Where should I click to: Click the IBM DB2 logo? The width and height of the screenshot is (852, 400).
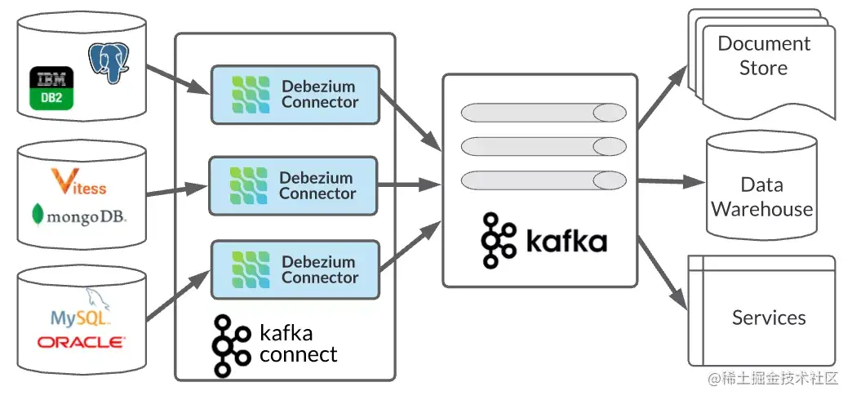(x=51, y=89)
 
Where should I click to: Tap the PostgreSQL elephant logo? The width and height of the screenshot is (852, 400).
(x=109, y=64)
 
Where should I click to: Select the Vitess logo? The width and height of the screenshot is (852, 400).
(x=79, y=182)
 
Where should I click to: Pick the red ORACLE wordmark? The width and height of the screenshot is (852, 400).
(x=82, y=342)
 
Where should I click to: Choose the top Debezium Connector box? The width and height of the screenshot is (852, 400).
(x=295, y=95)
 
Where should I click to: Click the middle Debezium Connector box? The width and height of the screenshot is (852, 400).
(x=293, y=185)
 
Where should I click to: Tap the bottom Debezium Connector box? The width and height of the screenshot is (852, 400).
(x=295, y=269)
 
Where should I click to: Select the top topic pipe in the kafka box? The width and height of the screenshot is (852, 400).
(x=544, y=113)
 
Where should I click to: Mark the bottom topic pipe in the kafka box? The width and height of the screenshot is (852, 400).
(x=544, y=180)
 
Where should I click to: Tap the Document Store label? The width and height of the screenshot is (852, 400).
(x=764, y=56)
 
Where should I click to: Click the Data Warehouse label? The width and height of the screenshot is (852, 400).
(x=761, y=197)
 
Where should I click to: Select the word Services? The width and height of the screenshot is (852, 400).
(x=769, y=318)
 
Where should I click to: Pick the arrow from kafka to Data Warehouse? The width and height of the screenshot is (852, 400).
(x=672, y=181)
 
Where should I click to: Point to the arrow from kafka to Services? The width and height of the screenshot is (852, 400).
(x=662, y=272)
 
